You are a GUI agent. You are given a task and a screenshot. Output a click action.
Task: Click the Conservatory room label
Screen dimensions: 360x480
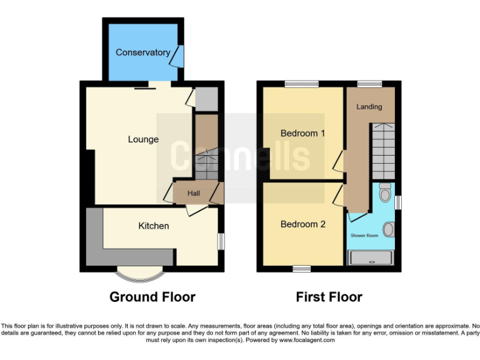click(x=142, y=52)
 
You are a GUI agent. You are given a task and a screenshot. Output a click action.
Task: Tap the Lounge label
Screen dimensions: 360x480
click(x=143, y=139)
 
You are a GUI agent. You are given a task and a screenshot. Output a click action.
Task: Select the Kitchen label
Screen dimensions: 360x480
click(x=154, y=226)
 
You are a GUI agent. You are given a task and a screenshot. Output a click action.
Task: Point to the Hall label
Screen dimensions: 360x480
click(x=193, y=194)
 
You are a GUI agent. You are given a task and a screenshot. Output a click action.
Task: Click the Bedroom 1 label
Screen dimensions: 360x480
click(x=303, y=133)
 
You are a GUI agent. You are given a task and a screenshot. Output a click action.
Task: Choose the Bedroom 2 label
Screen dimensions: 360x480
click(x=303, y=224)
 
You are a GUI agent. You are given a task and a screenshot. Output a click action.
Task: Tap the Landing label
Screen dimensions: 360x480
click(x=369, y=107)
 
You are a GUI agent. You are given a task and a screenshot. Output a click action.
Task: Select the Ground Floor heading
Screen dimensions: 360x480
click(x=152, y=297)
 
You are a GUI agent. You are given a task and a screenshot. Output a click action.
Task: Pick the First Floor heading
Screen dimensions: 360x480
click(x=329, y=297)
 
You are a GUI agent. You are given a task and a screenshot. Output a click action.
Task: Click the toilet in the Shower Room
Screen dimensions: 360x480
click(x=385, y=192)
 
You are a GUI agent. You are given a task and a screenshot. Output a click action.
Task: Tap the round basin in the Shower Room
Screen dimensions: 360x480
click(x=389, y=230)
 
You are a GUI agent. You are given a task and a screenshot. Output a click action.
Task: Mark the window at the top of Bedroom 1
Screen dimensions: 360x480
click(x=302, y=84)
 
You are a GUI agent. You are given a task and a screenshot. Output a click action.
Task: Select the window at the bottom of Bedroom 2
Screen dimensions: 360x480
click(x=302, y=269)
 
